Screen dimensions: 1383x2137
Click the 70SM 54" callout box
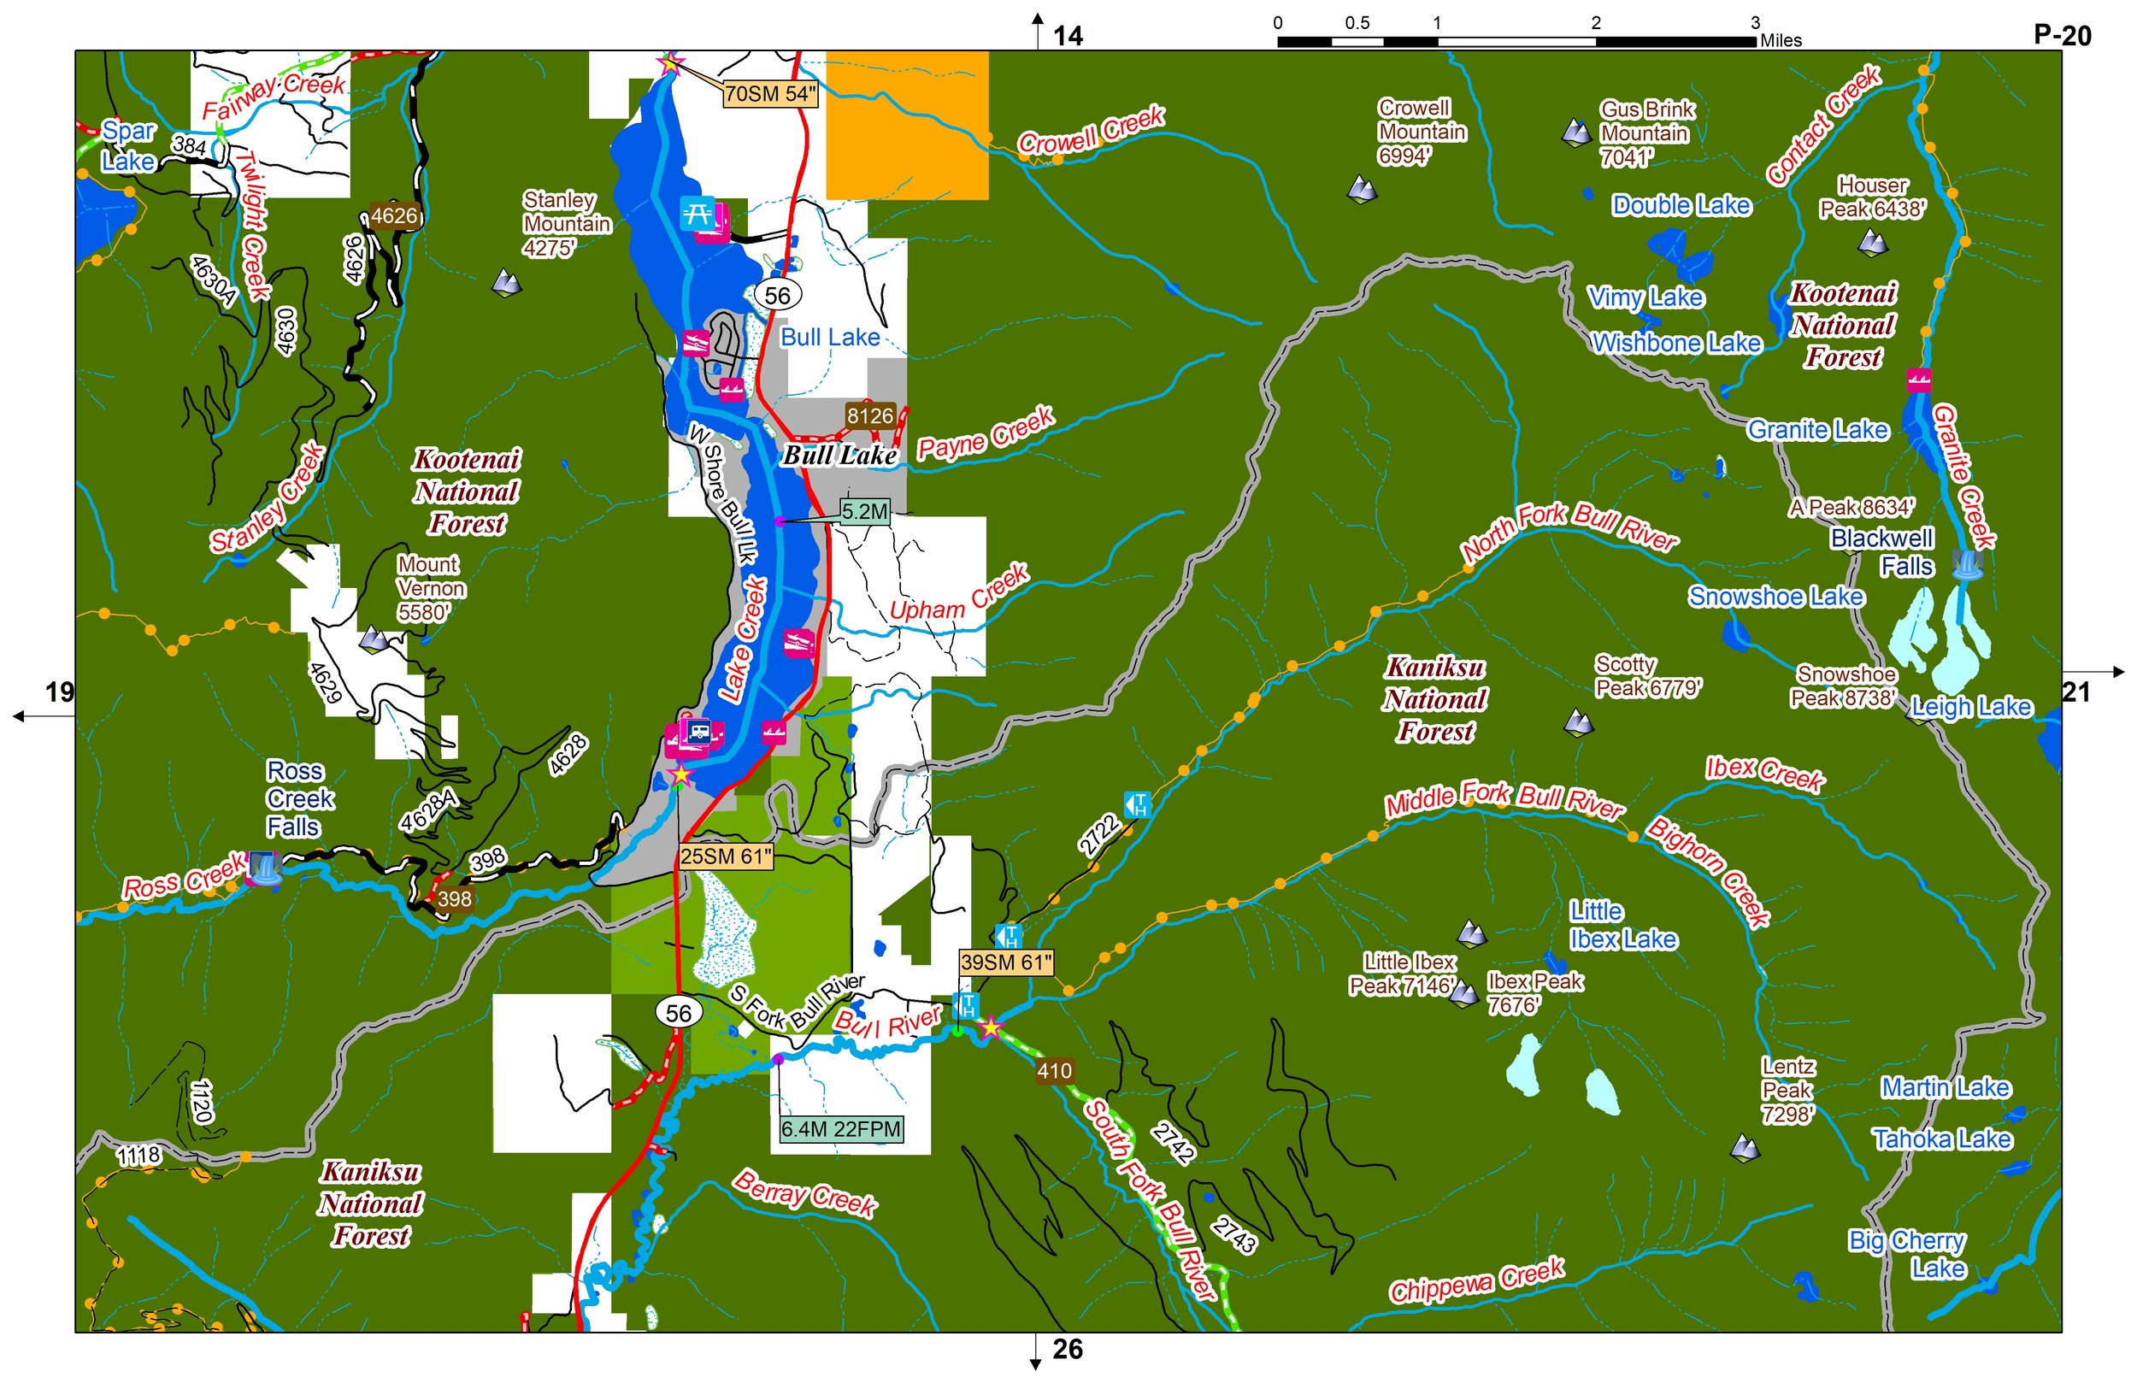(769, 93)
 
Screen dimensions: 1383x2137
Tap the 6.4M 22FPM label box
(840, 1129)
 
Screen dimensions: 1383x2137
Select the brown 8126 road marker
(870, 415)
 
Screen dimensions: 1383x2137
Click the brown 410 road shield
(1053, 1070)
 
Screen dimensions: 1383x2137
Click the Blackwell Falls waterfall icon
(1967, 565)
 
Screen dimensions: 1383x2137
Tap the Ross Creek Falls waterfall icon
(264, 868)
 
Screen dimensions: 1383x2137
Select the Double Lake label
(1681, 206)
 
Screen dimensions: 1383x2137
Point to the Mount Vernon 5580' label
(431, 588)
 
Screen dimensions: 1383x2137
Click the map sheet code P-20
(2062, 36)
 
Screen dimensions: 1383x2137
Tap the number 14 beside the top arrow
(1068, 36)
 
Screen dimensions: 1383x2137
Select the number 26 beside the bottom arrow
(1067, 1349)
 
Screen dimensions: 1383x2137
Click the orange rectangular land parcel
(907, 125)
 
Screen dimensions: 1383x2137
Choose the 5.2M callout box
(865, 512)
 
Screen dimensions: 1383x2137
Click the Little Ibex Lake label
(1622, 925)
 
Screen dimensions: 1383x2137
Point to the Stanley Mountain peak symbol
(507, 283)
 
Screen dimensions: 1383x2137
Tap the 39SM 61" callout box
(1004, 962)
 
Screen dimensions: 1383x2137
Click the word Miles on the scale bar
(1781, 40)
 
